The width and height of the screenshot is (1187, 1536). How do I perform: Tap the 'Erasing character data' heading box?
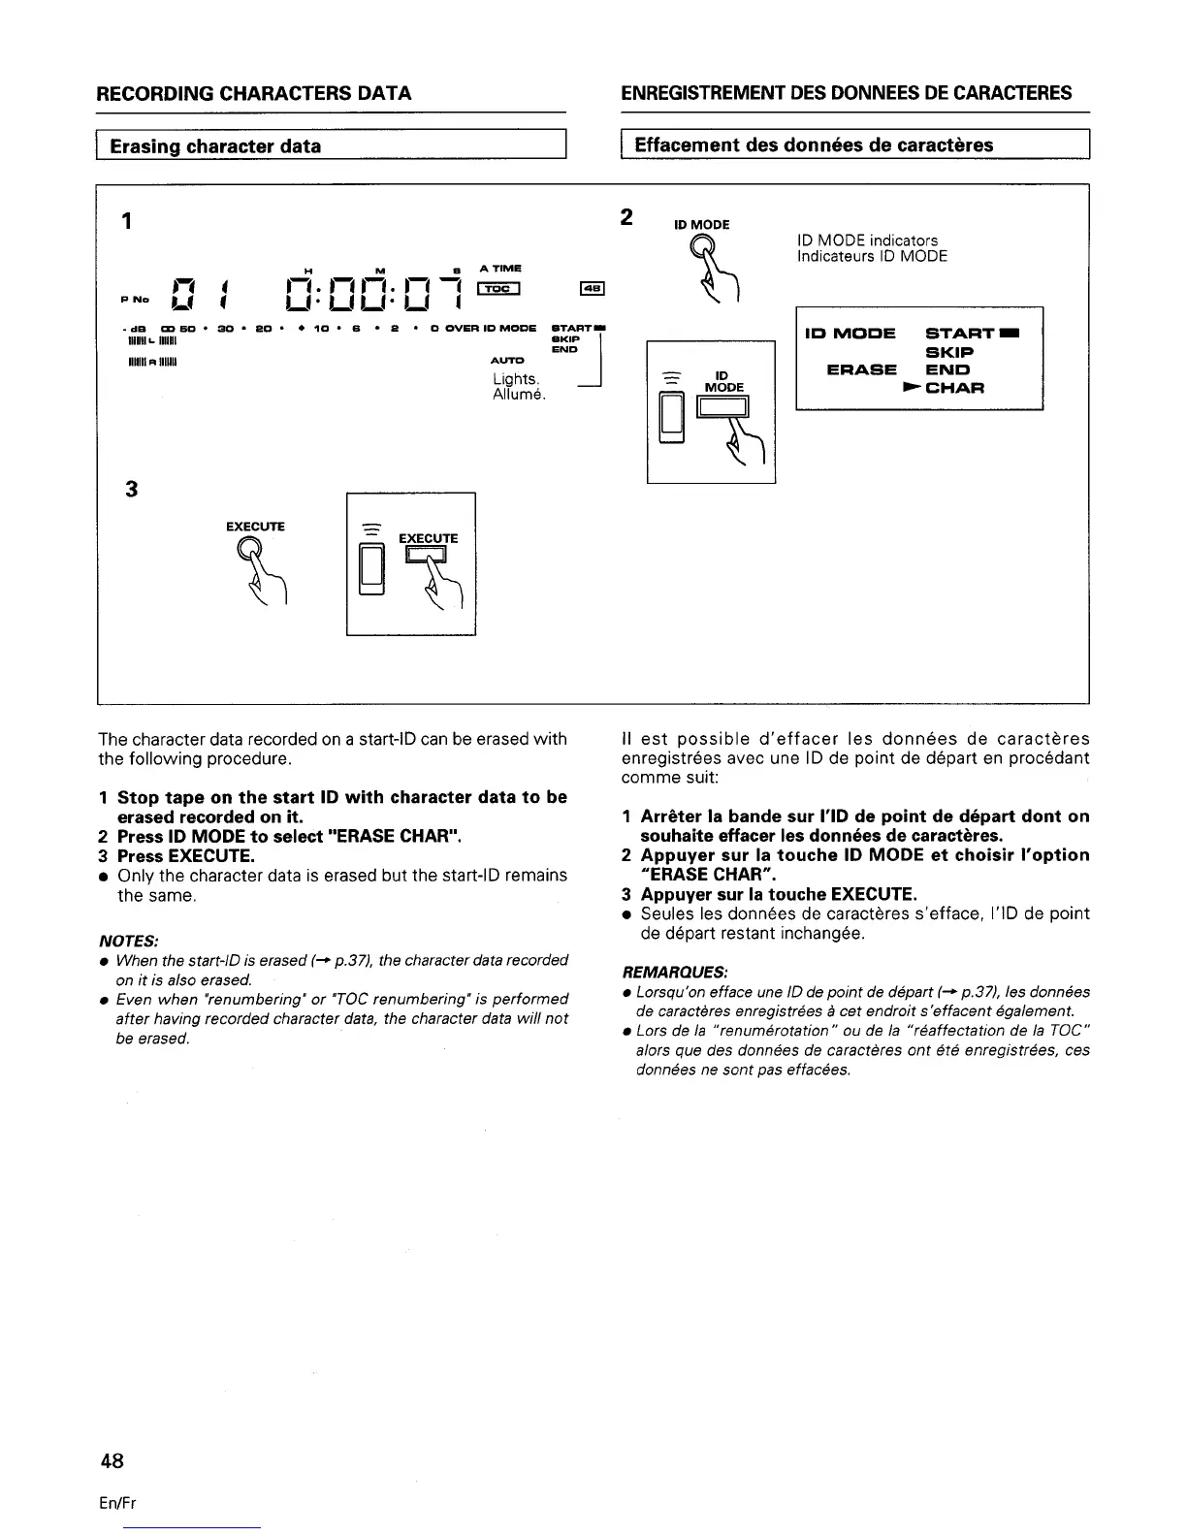pos(331,146)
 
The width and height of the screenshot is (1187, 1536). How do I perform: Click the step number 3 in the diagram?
pos(132,490)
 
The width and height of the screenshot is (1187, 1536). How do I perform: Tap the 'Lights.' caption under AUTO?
pos(514,378)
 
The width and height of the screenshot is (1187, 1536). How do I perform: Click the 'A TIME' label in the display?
pos(500,268)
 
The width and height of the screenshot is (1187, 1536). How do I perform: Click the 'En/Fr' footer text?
pos(116,1503)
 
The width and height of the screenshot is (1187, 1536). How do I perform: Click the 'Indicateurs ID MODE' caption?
pos(871,257)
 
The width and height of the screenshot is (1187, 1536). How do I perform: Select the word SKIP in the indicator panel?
pos(951,353)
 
